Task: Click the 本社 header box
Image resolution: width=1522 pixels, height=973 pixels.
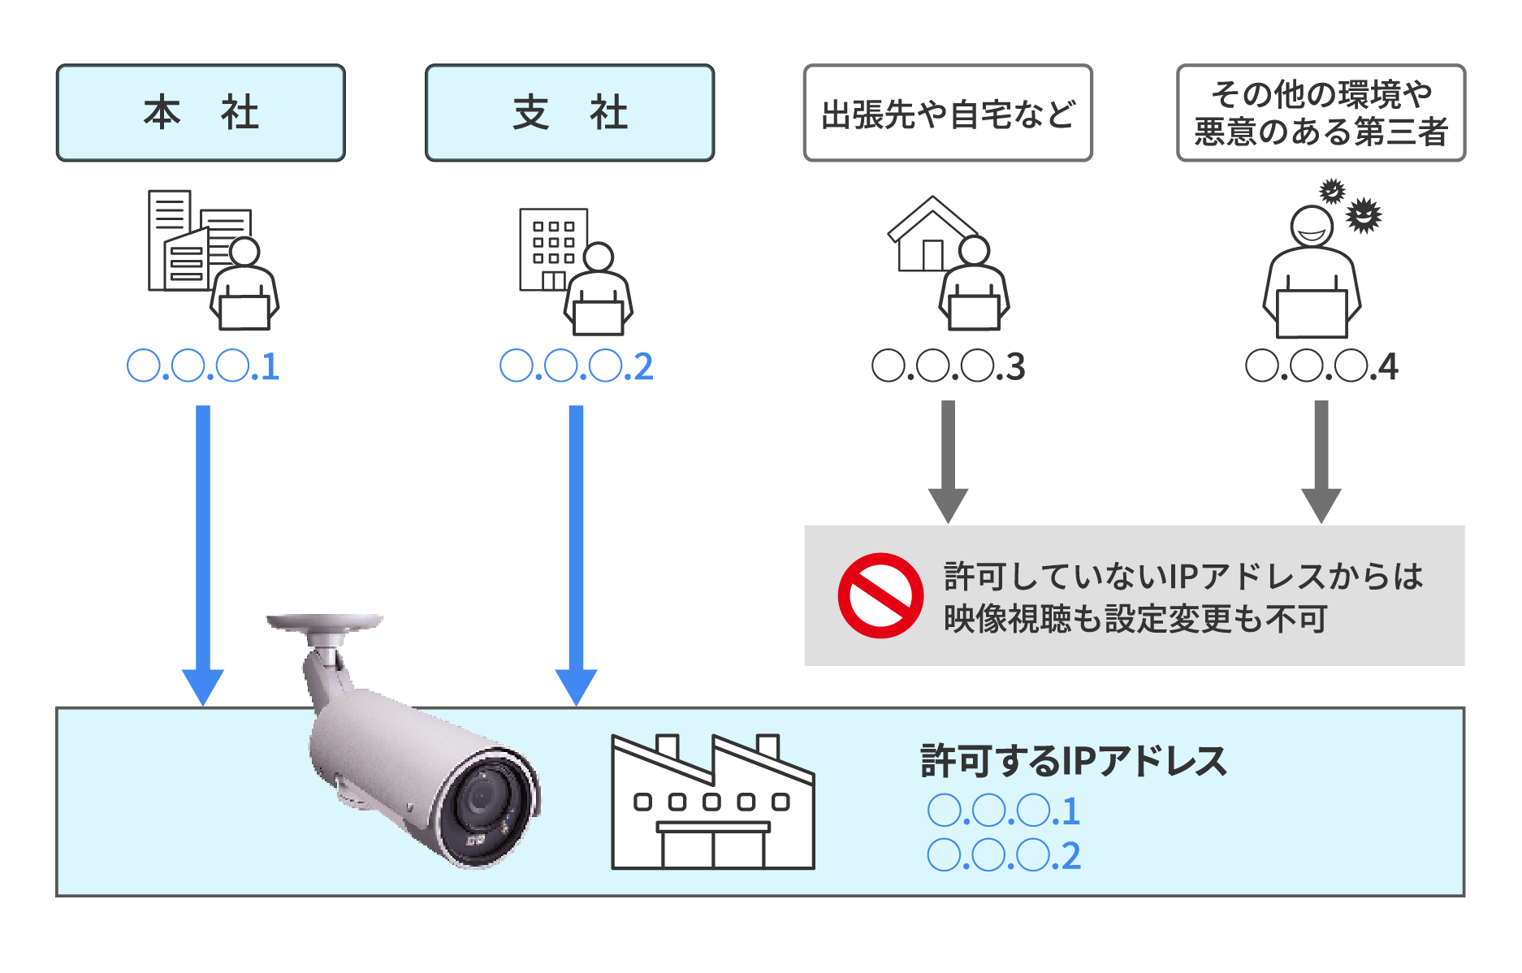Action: click(x=201, y=113)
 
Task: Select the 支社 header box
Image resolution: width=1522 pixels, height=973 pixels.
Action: click(x=569, y=113)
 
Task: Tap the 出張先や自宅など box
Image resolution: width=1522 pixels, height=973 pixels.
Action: click(x=948, y=113)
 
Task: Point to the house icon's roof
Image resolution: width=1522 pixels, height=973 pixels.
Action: click(x=932, y=214)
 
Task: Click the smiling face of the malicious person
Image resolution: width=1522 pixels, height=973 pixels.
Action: click(x=1312, y=227)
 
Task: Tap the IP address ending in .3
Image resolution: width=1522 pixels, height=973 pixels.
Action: click(x=948, y=366)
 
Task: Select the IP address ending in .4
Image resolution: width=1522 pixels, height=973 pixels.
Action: click(x=1321, y=366)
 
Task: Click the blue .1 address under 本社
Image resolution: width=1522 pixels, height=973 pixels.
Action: click(x=203, y=366)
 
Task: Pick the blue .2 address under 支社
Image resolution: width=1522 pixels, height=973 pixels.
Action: click(x=576, y=366)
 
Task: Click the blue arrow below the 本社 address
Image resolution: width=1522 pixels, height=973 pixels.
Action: click(x=203, y=552)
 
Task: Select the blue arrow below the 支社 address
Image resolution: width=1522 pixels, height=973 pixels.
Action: click(x=576, y=552)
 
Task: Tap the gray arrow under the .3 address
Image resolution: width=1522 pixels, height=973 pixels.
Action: click(x=948, y=459)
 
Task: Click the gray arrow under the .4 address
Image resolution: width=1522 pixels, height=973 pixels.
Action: click(x=1321, y=459)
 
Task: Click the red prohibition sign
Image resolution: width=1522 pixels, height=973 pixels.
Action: click(x=880, y=595)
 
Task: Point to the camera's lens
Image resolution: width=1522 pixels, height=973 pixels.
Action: click(x=480, y=800)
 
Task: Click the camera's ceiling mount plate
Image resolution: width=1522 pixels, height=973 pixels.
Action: click(x=325, y=622)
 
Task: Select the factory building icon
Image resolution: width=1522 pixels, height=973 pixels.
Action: click(x=712, y=804)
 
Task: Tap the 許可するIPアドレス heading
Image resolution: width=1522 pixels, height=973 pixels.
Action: click(x=1073, y=761)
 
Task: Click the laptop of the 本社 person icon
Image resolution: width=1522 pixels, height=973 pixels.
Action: click(x=244, y=313)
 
